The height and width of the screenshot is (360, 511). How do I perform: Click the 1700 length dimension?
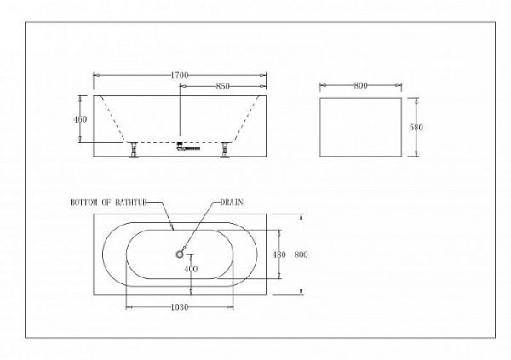180,75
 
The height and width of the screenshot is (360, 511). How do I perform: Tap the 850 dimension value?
222,86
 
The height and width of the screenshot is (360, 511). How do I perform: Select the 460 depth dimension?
80,119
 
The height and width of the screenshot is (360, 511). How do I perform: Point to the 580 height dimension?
416,127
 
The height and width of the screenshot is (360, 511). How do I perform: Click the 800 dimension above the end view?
360,85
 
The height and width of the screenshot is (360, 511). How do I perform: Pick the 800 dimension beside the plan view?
301,254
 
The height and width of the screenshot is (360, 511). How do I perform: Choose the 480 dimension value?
279,254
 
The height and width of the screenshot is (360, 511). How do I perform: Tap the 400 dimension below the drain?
191,269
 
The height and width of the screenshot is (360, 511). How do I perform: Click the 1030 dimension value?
180,307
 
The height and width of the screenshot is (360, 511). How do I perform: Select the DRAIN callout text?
232,203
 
